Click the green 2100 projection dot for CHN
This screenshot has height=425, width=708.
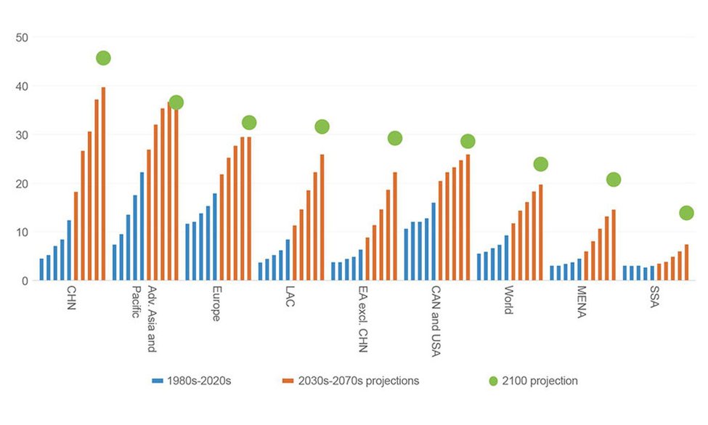pos(103,57)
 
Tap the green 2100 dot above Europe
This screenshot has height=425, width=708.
pos(249,122)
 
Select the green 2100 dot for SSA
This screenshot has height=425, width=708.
pos(687,213)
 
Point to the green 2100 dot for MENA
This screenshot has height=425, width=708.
pos(614,179)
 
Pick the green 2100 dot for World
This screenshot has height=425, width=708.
pos(540,163)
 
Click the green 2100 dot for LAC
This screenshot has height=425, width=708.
pos(322,126)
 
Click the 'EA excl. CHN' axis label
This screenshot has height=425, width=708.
pos(363,319)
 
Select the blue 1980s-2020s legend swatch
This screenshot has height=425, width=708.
pos(158,380)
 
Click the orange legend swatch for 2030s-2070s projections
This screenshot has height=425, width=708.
pos(288,380)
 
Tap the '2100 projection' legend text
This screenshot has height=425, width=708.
pos(542,380)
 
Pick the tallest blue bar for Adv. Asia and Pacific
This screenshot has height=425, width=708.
pos(142,226)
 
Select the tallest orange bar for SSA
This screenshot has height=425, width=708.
pos(686,262)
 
